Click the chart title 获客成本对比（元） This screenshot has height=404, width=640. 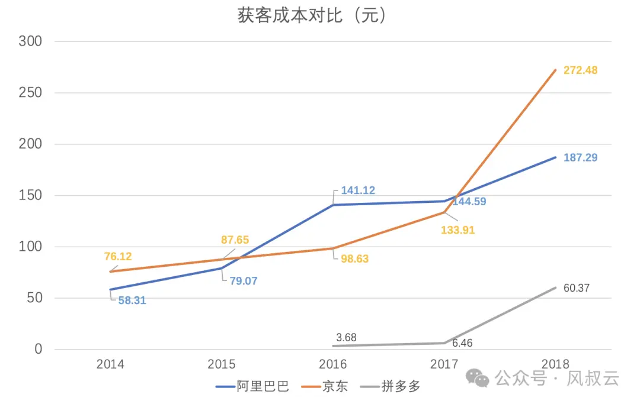pyautogui.click(x=312, y=16)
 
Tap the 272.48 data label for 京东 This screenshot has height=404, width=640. pyautogui.click(x=580, y=70)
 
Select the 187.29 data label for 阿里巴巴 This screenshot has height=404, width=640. pyautogui.click(x=580, y=158)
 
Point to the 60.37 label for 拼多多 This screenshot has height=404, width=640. pyautogui.click(x=577, y=289)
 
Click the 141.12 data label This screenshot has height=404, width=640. pyautogui.click(x=358, y=190)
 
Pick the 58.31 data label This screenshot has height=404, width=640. pyautogui.click(x=132, y=300)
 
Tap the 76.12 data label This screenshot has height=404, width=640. pyautogui.click(x=117, y=257)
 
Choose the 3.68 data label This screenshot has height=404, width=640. pyautogui.click(x=346, y=338)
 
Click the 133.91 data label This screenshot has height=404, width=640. pyautogui.click(x=458, y=230)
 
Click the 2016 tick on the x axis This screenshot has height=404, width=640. pyautogui.click(x=333, y=364)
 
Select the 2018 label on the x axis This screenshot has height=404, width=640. pyautogui.click(x=555, y=364)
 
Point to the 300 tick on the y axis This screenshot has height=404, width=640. pyautogui.click(x=31, y=41)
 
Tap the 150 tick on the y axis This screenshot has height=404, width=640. pyautogui.click(x=31, y=196)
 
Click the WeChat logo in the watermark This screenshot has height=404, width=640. pyautogui.click(x=477, y=377)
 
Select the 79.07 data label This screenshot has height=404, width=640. pyautogui.click(x=244, y=281)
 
